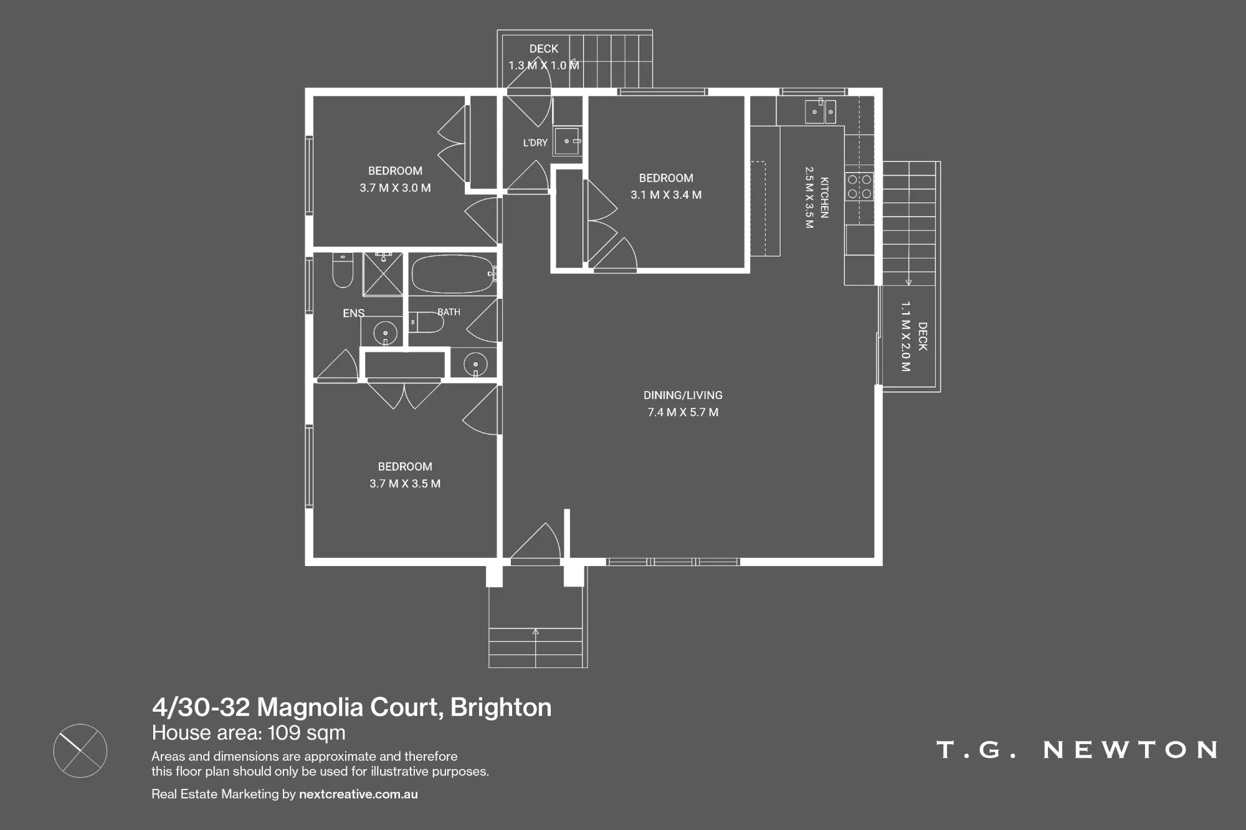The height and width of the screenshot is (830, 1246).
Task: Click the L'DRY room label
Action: tap(535, 143)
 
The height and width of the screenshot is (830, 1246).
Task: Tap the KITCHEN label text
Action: tap(824, 197)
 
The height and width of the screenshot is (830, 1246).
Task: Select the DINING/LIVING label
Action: tap(683, 395)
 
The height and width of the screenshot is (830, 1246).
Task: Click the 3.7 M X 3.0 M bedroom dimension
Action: tap(395, 188)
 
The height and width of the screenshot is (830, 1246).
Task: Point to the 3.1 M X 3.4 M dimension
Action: tap(666, 195)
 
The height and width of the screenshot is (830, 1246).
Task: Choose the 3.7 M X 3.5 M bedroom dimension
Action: tap(405, 484)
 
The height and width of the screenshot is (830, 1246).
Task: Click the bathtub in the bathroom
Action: tap(453, 274)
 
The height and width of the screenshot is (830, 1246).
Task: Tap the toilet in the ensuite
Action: tap(343, 270)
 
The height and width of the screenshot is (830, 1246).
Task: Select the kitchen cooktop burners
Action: tap(859, 187)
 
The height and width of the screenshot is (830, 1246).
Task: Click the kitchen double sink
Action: tap(820, 111)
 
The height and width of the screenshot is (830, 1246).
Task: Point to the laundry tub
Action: tap(567, 141)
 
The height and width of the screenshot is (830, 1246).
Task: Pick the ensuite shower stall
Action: tap(383, 274)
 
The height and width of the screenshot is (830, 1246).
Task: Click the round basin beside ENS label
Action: tap(385, 333)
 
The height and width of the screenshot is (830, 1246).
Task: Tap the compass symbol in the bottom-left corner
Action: tap(80, 750)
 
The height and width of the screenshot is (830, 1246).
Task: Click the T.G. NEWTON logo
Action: tap(1077, 750)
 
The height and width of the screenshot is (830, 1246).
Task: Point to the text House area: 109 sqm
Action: tap(249, 733)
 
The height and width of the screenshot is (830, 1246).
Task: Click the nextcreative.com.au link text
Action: tap(358, 794)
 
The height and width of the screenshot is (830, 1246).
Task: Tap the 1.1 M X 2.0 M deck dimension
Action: tap(905, 337)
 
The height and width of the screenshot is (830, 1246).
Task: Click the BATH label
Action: tap(449, 312)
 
